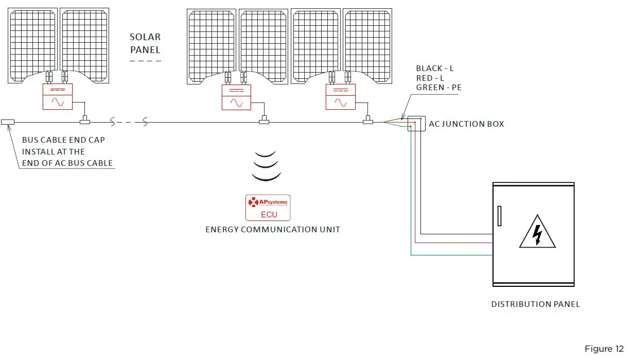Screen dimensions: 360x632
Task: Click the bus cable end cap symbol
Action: coord(8,122)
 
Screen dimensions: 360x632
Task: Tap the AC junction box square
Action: coord(416,124)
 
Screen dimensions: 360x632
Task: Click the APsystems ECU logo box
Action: coord(268,208)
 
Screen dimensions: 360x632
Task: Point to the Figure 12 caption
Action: coord(604,349)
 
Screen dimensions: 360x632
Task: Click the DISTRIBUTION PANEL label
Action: coord(535,304)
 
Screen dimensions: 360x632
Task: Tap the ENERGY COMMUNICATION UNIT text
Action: coord(273,230)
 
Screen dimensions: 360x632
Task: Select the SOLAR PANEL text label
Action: coord(145,44)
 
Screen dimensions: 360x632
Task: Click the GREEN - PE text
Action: coord(438,88)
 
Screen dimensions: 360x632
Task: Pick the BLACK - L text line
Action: coord(435,68)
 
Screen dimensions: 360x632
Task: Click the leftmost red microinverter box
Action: coord(58,97)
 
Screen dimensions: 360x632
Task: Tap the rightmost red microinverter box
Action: coord(340,97)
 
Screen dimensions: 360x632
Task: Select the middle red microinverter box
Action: coord(236,97)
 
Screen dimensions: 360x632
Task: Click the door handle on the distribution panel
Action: coord(499,216)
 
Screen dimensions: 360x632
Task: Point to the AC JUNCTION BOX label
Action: coord(466,124)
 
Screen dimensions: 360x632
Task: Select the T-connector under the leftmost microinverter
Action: coord(85,122)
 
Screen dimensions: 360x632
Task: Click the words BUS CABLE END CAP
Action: coord(63,140)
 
